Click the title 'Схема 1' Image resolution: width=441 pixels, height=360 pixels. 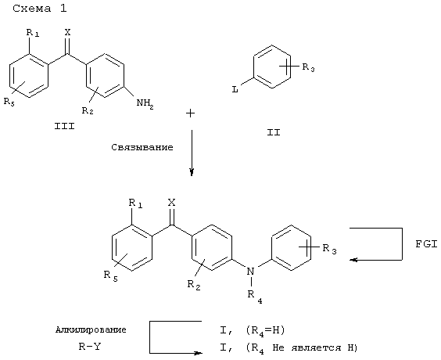pyautogui.click(x=40, y=9)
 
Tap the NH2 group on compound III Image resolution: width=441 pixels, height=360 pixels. pyautogui.click(x=145, y=103)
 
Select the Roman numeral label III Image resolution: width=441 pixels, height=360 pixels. pyautogui.click(x=64, y=126)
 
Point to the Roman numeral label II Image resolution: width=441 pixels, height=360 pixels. pyautogui.click(x=274, y=132)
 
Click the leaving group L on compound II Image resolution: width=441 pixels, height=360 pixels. pyautogui.click(x=235, y=90)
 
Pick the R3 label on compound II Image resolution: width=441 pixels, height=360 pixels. pyautogui.click(x=308, y=68)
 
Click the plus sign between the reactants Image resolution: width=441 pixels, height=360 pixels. pyautogui.click(x=191, y=113)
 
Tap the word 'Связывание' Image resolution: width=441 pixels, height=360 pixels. pyautogui.click(x=142, y=147)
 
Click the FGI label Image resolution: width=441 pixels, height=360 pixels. pyautogui.click(x=426, y=244)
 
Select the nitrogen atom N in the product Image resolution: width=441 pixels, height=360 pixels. pyautogui.click(x=250, y=272)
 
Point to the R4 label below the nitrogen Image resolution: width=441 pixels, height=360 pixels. pyautogui.click(x=255, y=297)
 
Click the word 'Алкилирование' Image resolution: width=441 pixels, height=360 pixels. pyautogui.click(x=91, y=329)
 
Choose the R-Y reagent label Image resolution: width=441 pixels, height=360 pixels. pyautogui.click(x=89, y=347)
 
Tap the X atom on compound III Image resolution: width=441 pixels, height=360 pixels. pyautogui.click(x=67, y=32)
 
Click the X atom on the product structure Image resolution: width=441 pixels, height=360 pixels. pyautogui.click(x=171, y=203)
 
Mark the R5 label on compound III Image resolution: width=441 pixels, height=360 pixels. pyautogui.click(x=9, y=102)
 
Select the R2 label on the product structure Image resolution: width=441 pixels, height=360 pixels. pyautogui.click(x=194, y=285)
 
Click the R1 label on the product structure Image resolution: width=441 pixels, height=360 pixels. pyautogui.click(x=135, y=203)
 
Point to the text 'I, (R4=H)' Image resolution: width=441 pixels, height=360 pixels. pyautogui.click(x=253, y=330)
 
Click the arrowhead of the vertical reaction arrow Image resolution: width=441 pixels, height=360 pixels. pyautogui.click(x=192, y=172)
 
